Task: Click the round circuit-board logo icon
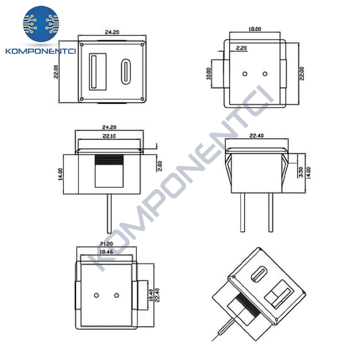click(x=41, y=24)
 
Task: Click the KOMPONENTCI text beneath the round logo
click(x=41, y=51)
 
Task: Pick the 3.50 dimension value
click(x=301, y=172)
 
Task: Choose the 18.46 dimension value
click(x=106, y=252)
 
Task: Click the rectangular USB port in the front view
click(x=97, y=71)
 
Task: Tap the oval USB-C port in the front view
click(x=125, y=72)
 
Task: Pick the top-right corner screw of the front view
click(x=142, y=45)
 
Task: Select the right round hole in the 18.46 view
click(x=116, y=295)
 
